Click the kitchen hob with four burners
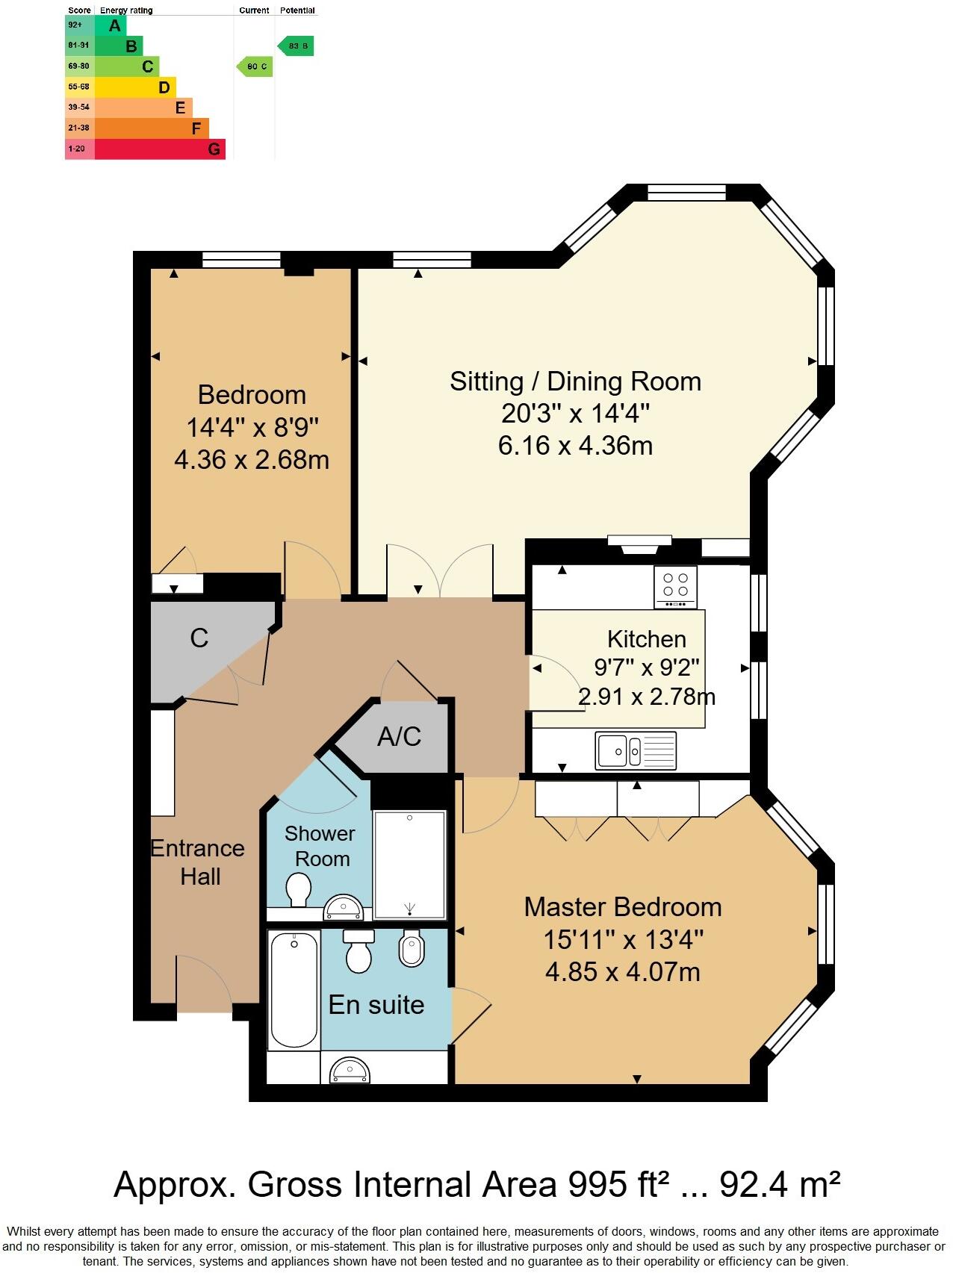pos(676,588)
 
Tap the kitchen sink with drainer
pos(636,750)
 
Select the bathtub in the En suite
pos(294,989)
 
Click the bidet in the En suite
pos(412,948)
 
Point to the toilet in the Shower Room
pos(299,890)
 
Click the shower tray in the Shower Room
pos(409,865)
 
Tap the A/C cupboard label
pos(399,737)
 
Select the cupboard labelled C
pos(199,638)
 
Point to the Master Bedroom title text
pos(622,906)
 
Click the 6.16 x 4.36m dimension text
pos(575,446)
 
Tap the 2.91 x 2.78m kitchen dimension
pos(647,697)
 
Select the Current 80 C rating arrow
pos(255,66)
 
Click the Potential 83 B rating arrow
pos(296,46)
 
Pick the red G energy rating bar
pos(161,149)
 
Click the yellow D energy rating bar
pos(136,87)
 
